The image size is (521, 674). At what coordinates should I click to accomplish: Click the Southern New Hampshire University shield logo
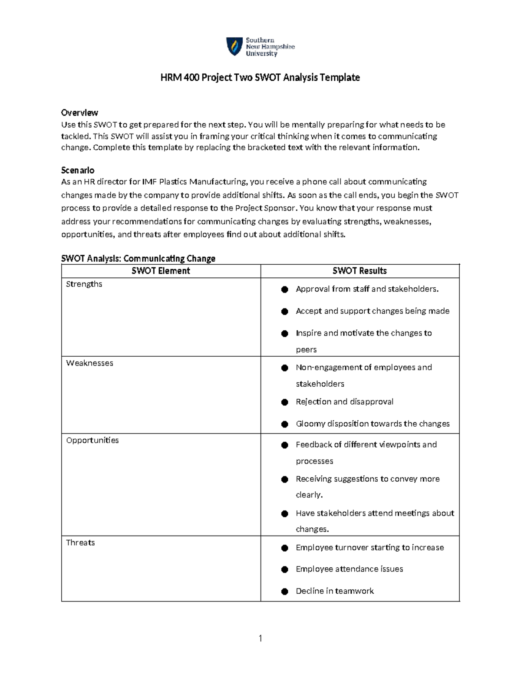click(234, 46)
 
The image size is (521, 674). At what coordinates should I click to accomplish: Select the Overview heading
click(79, 113)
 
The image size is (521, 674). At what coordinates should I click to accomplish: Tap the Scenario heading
click(78, 170)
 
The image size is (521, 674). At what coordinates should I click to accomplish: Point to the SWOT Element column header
click(161, 271)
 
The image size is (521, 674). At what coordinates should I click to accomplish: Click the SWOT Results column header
click(359, 271)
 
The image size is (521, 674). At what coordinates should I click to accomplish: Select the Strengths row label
click(84, 284)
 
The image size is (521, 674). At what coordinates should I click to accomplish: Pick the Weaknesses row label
click(89, 363)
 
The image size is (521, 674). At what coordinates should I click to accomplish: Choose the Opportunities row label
click(92, 440)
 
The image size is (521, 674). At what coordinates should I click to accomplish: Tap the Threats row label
click(80, 542)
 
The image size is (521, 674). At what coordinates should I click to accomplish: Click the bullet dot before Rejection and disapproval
click(285, 402)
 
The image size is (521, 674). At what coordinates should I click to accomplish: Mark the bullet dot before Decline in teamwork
click(285, 591)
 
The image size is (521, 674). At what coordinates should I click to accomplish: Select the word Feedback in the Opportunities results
click(313, 444)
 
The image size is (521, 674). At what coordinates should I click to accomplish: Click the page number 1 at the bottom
click(260, 638)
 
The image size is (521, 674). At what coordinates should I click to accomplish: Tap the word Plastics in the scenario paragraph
click(173, 181)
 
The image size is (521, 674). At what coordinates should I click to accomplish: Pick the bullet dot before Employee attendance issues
click(285, 569)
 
